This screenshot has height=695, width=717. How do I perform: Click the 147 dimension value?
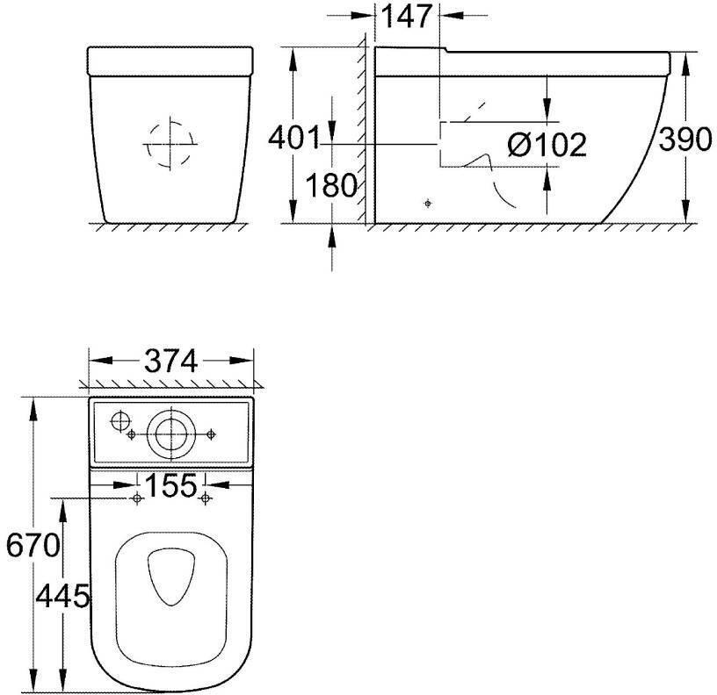(x=406, y=17)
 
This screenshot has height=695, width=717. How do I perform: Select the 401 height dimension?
(x=294, y=138)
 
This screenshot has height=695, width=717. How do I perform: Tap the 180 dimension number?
(x=331, y=185)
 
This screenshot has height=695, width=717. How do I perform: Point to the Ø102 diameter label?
(x=547, y=145)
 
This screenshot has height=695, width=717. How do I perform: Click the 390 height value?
(x=685, y=140)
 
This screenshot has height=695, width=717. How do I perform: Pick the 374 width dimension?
(x=171, y=361)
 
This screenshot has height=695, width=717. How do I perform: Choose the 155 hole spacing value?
(x=171, y=485)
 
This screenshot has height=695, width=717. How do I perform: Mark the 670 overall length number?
(x=33, y=545)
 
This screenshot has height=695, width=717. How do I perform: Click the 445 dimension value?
(x=62, y=596)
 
